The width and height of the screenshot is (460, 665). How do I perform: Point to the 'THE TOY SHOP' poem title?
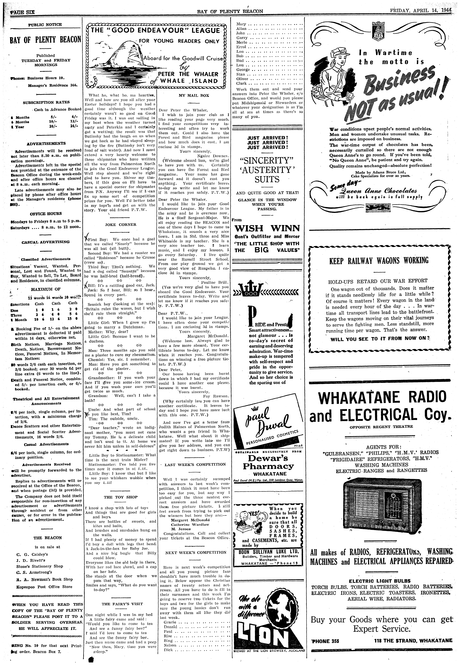pyautogui.click(x=120, y=497)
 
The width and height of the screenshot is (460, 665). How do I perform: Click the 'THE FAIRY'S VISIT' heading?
pyautogui.click(x=120, y=596)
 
